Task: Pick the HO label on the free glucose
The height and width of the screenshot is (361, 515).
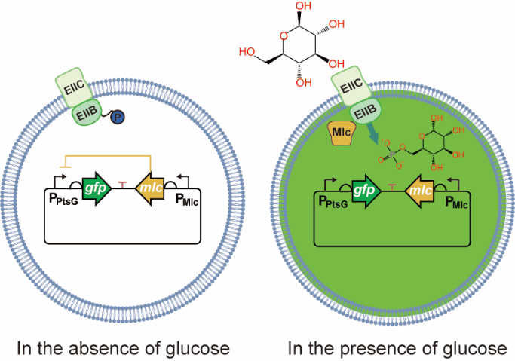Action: point(247,52)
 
